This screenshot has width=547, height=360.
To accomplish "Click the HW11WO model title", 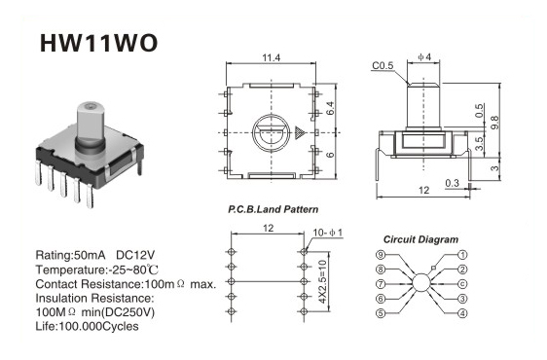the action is click(x=98, y=43).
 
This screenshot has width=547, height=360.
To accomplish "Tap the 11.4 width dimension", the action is click(x=271, y=57).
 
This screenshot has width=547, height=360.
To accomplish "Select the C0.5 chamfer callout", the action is click(x=383, y=65).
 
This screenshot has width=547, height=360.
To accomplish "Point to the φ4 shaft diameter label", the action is click(x=424, y=56).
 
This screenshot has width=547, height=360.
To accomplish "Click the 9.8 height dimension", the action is click(x=494, y=123).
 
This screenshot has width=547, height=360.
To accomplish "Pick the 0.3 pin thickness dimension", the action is click(x=453, y=183).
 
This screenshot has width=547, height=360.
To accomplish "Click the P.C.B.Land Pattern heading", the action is click(x=273, y=209).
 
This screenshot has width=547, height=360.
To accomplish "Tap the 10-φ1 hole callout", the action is click(x=328, y=233).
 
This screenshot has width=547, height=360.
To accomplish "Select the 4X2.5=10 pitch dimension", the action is click(x=322, y=281).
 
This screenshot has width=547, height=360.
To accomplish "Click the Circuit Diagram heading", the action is click(x=420, y=239).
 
